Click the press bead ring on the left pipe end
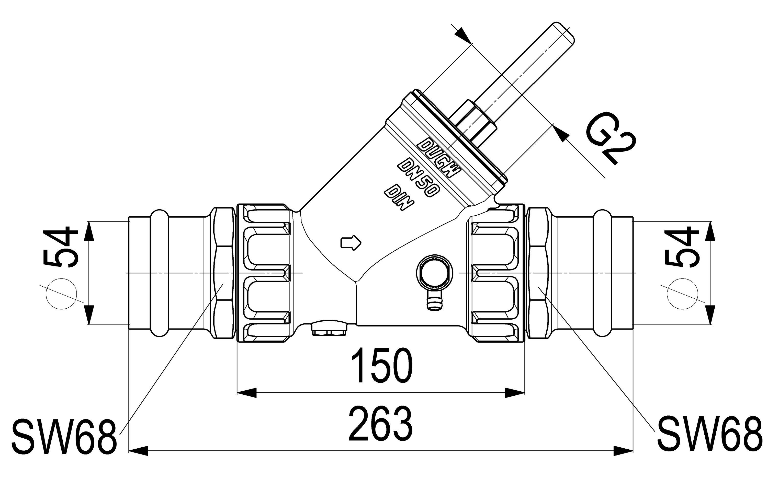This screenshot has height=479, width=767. tap(159, 272)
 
